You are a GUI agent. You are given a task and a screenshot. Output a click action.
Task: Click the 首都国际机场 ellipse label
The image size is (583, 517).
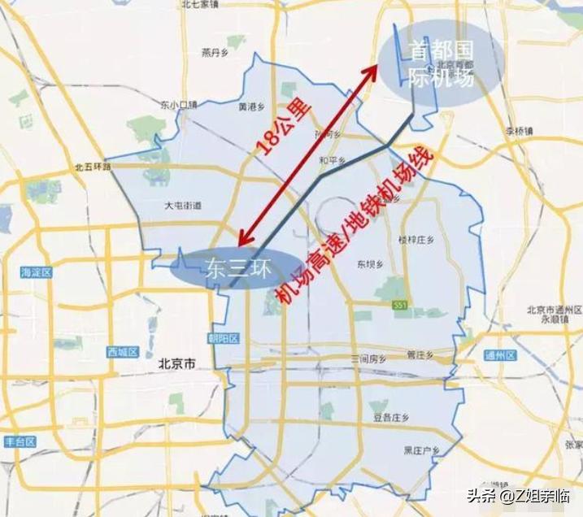[x=440, y=63]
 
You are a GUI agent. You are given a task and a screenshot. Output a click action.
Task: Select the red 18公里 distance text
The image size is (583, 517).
[x=280, y=131]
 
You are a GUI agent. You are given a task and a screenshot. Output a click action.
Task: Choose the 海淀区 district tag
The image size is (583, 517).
[x=37, y=272]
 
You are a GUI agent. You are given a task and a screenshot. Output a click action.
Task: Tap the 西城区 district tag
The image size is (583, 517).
[x=124, y=352]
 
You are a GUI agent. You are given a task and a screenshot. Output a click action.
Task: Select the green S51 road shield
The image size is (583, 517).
[x=398, y=304]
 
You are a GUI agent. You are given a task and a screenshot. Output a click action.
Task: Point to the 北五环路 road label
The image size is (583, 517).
[x=91, y=166]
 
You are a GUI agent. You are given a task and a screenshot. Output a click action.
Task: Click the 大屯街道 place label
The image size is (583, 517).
[x=182, y=206]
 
